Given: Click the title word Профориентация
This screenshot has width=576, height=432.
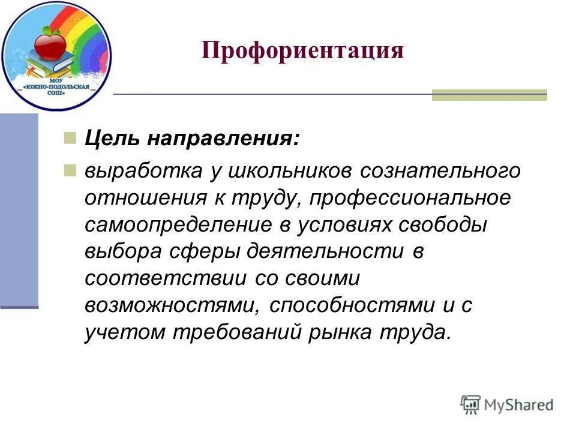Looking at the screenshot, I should click(302, 50).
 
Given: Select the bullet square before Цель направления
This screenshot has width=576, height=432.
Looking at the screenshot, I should click(70, 138).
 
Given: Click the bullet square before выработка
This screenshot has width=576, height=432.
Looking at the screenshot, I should click(70, 170).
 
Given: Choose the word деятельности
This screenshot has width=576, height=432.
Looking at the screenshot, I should click(325, 252).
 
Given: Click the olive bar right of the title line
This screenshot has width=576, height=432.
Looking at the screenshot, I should click(489, 95).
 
